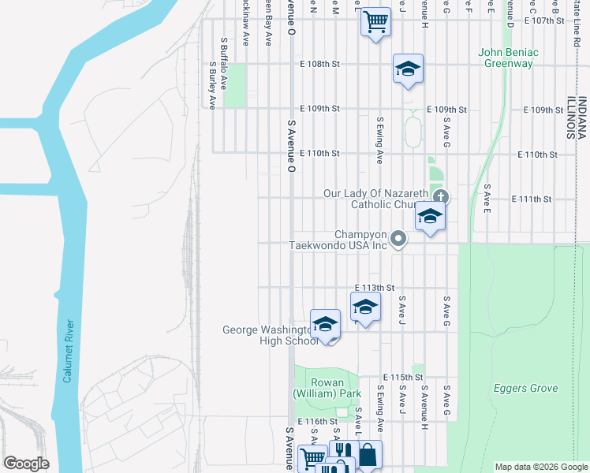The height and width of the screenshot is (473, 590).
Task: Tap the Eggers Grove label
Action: (525, 389)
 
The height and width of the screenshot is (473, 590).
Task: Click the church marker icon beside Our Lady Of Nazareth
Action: (441, 196)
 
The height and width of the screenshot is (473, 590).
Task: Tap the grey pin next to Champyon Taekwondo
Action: (400, 238)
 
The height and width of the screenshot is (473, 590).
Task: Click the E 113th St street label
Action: (374, 289)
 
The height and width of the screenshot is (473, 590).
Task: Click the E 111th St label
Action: (531, 199)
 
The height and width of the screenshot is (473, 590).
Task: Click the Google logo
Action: (26, 464)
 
